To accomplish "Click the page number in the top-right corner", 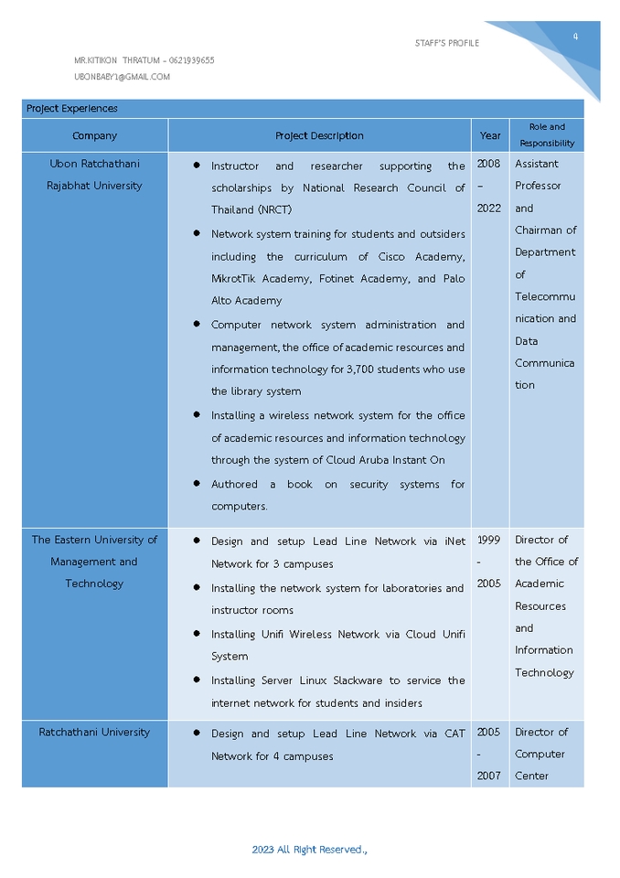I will click(x=575, y=37).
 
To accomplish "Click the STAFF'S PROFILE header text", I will click(x=446, y=43).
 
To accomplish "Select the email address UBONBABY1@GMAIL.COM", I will click(x=122, y=77).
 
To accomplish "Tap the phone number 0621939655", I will click(x=191, y=60).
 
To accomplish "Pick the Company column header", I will click(x=94, y=135).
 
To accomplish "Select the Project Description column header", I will click(x=319, y=135).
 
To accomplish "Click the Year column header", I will click(x=490, y=135).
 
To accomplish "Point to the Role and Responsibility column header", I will click(x=547, y=135).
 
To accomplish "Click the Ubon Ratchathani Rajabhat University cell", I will click(x=94, y=175).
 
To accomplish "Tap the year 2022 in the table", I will click(x=489, y=209).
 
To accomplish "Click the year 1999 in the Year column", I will click(x=489, y=540).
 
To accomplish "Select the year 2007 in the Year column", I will click(x=489, y=776).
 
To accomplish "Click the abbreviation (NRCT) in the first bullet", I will click(x=273, y=209).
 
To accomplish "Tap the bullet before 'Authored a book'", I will click(x=197, y=484).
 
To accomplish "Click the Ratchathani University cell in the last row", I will click(x=94, y=732).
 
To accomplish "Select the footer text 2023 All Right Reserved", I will click(x=309, y=850).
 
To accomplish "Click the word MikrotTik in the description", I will click(x=240, y=279).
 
